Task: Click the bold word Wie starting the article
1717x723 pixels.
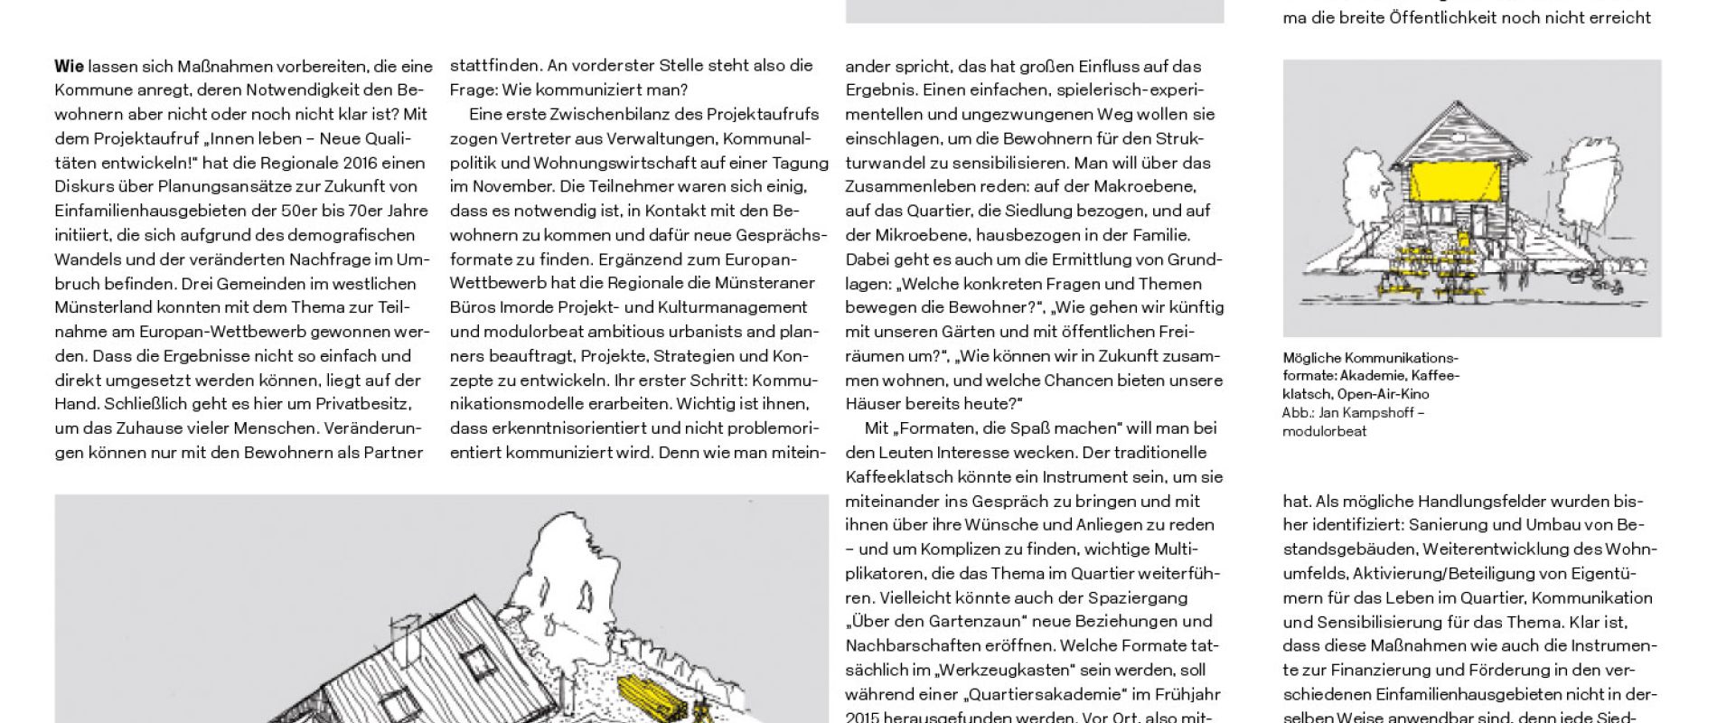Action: (x=69, y=66)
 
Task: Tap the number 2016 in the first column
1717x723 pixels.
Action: (x=363, y=163)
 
